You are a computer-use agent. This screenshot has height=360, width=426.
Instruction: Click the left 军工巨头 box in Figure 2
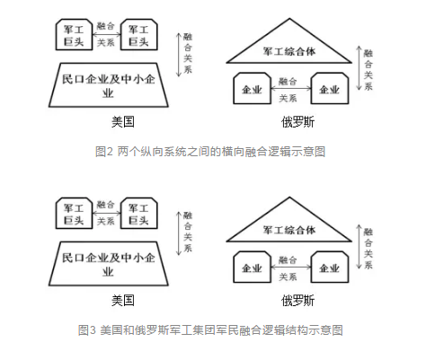[x=74, y=35]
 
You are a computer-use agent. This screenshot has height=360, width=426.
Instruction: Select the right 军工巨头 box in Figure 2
[x=138, y=35]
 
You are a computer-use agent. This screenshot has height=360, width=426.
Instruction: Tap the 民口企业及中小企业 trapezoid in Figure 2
[x=109, y=85]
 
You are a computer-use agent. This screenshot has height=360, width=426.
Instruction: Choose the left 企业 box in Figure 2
[x=252, y=89]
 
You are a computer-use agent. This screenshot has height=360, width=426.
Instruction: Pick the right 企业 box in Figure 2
[x=330, y=89]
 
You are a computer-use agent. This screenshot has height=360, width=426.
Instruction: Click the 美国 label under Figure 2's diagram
[x=123, y=122]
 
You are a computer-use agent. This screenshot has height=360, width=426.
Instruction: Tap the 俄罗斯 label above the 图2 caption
[x=297, y=122]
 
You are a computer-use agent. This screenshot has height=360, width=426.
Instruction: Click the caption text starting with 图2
[x=210, y=152]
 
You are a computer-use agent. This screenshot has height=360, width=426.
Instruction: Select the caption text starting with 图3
[x=210, y=330]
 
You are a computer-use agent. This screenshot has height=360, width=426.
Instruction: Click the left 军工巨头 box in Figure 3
[x=74, y=214]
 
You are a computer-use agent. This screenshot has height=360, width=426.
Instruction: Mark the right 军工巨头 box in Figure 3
[x=138, y=214]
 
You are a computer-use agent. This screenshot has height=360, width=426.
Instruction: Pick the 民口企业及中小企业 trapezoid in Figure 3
[x=109, y=264]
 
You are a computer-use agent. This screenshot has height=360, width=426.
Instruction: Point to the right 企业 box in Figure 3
[x=330, y=268]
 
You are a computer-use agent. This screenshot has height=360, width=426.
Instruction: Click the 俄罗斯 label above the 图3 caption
[x=297, y=301]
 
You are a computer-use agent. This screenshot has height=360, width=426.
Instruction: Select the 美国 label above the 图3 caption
[x=123, y=301]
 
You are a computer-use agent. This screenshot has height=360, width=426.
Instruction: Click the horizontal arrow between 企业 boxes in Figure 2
[x=291, y=88]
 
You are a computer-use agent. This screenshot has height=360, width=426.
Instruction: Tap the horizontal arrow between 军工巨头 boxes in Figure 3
[x=106, y=213]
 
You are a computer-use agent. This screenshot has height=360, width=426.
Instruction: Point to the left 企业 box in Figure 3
[x=252, y=268]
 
